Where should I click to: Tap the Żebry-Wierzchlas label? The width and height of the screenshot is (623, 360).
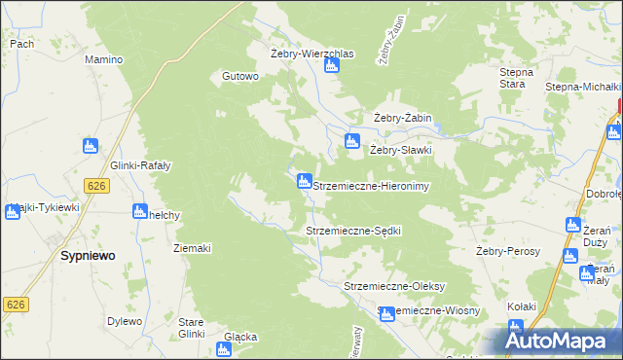tap(311, 53)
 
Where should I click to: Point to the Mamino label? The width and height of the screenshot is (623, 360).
tap(103, 59)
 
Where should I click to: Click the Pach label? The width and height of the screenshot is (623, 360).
tap(21, 44)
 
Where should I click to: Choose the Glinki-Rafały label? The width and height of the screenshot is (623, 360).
tap(141, 165)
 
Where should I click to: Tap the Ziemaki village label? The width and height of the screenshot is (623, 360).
tap(192, 248)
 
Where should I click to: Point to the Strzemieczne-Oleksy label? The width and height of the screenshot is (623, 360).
tap(394, 286)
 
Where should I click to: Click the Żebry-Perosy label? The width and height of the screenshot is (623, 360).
tap(508, 250)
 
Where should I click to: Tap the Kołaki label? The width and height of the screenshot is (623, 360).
tap(522, 306)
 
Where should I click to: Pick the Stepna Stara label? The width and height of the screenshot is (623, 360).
tap(517, 78)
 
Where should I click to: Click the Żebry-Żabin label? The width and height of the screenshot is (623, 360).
tap(403, 119)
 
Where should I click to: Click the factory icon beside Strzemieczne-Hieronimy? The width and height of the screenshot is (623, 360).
tap(304, 181)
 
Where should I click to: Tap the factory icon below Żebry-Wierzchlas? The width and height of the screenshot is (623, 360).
tap(331, 65)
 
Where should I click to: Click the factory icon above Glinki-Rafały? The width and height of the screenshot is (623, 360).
tap(91, 146)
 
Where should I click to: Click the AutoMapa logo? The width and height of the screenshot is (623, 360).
tap(562, 340)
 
